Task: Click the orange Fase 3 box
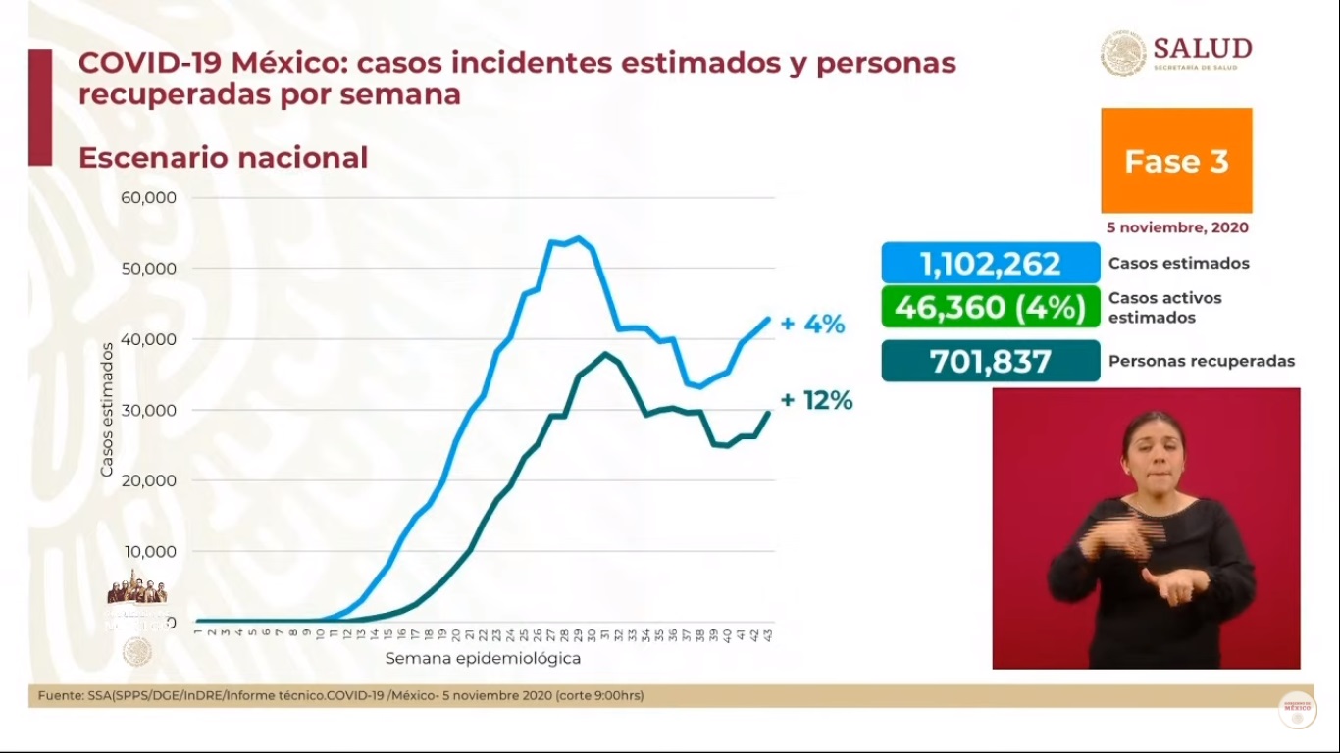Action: pyautogui.click(x=1176, y=161)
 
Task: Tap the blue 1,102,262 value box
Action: pyautogui.click(x=990, y=263)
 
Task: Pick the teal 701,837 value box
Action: pyautogui.click(x=990, y=361)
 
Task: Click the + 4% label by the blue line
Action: pyautogui.click(x=812, y=325)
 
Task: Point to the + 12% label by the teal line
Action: pyautogui.click(x=816, y=400)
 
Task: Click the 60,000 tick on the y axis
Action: pyautogui.click(x=148, y=197)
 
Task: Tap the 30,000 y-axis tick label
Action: pyautogui.click(x=148, y=410)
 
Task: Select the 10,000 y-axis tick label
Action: pyautogui.click(x=148, y=551)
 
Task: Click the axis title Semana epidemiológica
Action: pyautogui.click(x=483, y=658)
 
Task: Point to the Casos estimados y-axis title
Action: pyautogui.click(x=107, y=410)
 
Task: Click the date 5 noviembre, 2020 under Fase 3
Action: pyautogui.click(x=1177, y=226)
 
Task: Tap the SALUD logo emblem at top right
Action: pyautogui.click(x=1123, y=53)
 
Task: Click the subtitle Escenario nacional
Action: pyautogui.click(x=223, y=157)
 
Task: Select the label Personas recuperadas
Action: pyautogui.click(x=1201, y=361)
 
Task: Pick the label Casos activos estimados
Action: pyautogui.click(x=1164, y=307)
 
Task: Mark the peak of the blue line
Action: pyautogui.click(x=578, y=237)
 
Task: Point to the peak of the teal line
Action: pyautogui.click(x=606, y=353)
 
